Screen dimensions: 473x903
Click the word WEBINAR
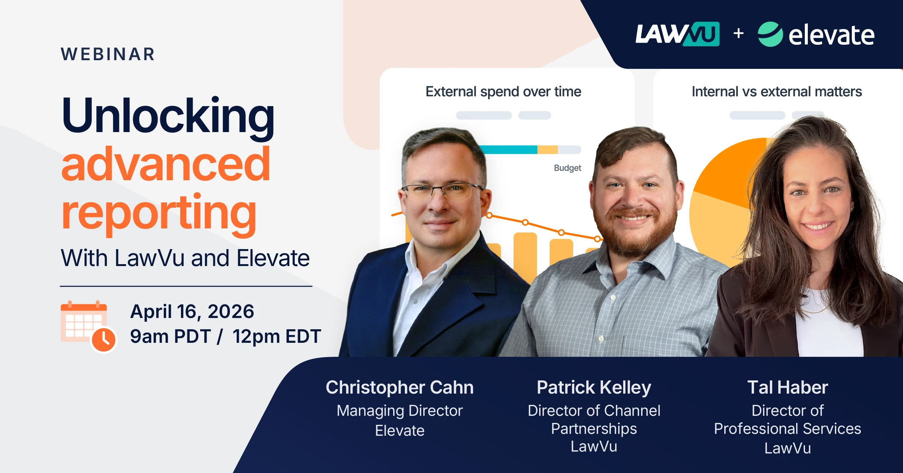point(108,54)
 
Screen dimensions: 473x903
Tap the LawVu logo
point(677,34)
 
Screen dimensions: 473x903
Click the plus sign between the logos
point(739,33)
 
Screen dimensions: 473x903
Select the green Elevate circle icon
point(770,34)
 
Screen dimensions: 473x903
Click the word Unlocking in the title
point(168,116)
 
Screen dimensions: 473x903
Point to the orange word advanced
point(166,164)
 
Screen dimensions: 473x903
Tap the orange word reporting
point(159,213)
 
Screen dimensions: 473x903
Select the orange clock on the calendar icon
point(104,340)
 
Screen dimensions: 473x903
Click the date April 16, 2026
point(192,312)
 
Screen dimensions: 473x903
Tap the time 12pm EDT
point(277,336)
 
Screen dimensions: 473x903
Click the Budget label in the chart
point(567,168)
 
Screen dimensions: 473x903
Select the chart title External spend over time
point(503,91)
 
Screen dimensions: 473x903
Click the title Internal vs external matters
point(777,91)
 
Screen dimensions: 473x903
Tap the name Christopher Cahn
point(400,387)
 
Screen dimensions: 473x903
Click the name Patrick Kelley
point(594,387)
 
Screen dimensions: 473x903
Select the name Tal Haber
point(787,387)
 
